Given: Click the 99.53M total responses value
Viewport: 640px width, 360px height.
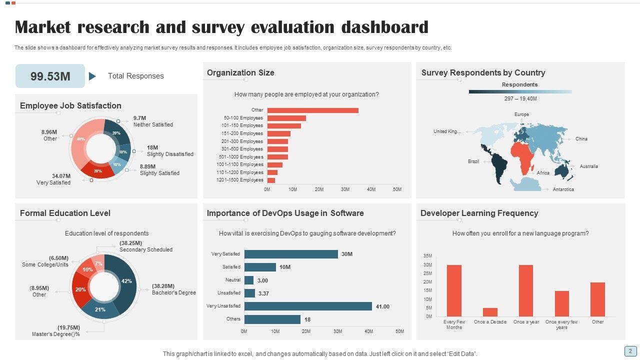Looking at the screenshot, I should click(x=50, y=76).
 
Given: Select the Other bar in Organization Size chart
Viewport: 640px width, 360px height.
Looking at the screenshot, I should click(x=312, y=110).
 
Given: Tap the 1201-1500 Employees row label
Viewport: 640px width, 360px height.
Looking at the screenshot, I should click(x=240, y=180).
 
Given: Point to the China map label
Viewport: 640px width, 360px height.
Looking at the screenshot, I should click(x=581, y=139).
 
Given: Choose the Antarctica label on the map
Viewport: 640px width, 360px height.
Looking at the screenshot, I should click(x=563, y=189).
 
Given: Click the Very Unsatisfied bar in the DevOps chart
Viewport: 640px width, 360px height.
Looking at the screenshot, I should click(x=308, y=306).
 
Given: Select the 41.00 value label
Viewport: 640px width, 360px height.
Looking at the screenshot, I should click(x=382, y=306).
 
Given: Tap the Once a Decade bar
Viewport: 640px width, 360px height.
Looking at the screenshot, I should click(x=490, y=312).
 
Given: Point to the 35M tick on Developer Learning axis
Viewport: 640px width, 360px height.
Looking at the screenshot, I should click(x=427, y=256).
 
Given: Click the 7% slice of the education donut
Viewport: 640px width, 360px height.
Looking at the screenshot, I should click(x=99, y=263).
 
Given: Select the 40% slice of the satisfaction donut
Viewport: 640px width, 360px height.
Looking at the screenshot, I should click(x=80, y=139).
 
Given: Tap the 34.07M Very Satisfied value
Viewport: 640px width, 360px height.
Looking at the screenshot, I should click(x=61, y=176).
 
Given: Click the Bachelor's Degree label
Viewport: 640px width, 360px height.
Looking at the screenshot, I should click(x=174, y=292).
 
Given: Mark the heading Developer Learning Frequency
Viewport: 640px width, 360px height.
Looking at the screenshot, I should click(x=479, y=213).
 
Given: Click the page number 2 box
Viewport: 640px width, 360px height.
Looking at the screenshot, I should click(x=630, y=351).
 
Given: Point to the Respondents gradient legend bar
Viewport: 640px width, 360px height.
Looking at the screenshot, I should click(x=520, y=91).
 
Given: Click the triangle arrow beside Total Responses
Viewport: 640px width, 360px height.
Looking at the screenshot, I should click(x=92, y=76).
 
